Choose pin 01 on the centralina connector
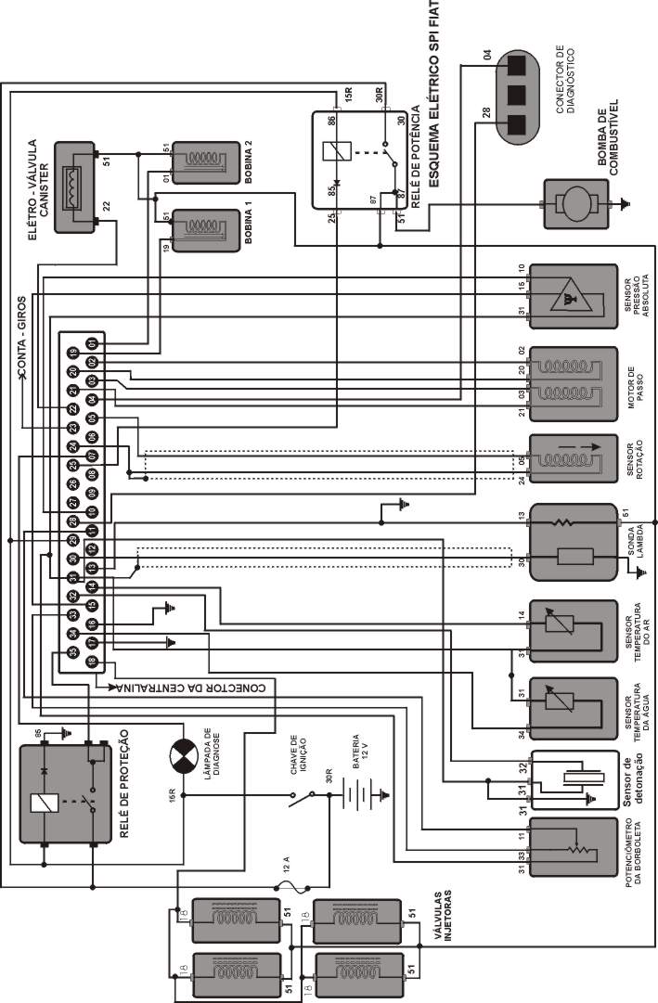pyautogui.click(x=93, y=344)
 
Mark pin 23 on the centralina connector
pyautogui.click(x=72, y=428)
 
